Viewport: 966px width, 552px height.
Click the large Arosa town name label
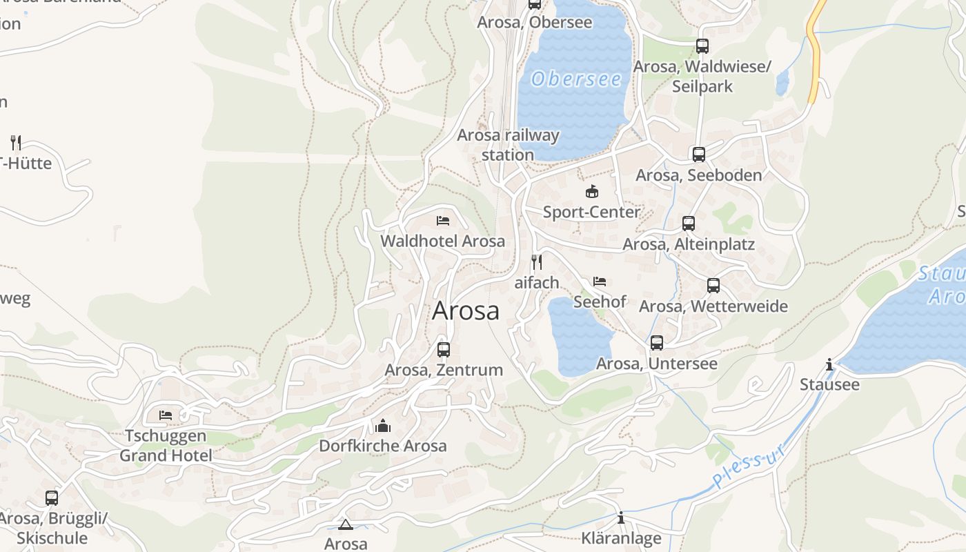466,311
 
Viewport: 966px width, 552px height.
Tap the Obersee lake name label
576,79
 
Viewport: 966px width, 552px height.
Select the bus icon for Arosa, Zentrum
444,350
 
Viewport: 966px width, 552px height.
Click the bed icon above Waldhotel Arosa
443,221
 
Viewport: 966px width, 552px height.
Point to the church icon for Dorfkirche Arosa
383,426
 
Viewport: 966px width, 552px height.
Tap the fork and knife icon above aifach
537,262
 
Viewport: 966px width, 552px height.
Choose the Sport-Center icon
591,192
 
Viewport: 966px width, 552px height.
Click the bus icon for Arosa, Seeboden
698,155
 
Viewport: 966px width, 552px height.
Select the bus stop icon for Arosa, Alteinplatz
688,224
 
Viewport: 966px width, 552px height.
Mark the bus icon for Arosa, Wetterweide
713,286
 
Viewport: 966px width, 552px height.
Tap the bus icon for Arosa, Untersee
656,343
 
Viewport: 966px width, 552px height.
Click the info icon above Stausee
829,364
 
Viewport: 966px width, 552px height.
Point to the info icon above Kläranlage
621,518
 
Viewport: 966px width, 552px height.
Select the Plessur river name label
749,467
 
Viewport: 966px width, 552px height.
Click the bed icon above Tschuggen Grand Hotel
166,415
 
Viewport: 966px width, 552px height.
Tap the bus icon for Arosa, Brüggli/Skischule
52,498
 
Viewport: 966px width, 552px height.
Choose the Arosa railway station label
508,145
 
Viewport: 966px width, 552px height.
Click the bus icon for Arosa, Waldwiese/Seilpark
702,46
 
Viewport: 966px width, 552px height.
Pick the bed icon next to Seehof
600,282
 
